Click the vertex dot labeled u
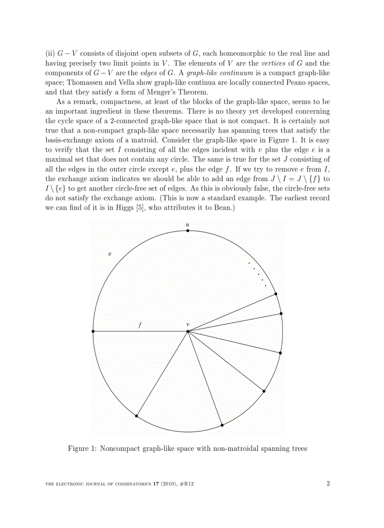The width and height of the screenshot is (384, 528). pyautogui.click(x=188, y=231)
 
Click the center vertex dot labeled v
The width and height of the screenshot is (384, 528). pyautogui.click(x=188, y=331)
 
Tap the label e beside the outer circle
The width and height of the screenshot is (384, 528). pyautogui.click(x=110, y=254)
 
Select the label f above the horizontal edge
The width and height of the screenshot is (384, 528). pyautogui.click(x=139, y=324)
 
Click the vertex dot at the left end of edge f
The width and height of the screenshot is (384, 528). pyautogui.click(x=93, y=331)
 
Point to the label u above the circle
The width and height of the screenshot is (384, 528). pyautogui.click(x=188, y=224)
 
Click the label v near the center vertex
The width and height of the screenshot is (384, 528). pyautogui.click(x=188, y=324)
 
